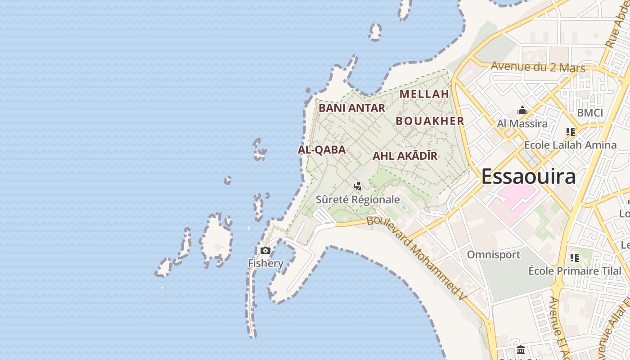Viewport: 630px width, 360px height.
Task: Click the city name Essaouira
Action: (528, 176)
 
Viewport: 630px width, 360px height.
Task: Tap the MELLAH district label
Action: (424, 94)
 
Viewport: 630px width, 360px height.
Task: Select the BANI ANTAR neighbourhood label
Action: (352, 108)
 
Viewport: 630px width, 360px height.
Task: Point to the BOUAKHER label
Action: (430, 121)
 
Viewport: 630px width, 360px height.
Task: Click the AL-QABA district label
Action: (322, 150)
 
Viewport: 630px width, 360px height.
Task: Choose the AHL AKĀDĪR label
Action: (405, 156)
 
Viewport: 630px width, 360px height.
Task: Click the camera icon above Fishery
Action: (265, 250)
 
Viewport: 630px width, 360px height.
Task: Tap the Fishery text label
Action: (265, 263)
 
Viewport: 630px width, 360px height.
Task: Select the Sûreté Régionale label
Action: (358, 199)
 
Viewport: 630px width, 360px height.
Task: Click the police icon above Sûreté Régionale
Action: (358, 186)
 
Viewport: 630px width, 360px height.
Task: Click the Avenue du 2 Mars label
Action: (538, 67)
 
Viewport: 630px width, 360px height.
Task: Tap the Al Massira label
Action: (522, 123)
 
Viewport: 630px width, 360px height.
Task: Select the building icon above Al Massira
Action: (522, 110)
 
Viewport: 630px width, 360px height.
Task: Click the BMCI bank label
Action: (589, 113)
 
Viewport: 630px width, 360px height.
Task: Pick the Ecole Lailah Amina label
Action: (570, 145)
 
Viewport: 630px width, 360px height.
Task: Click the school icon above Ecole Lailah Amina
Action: (571, 132)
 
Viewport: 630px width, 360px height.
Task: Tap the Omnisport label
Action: (493, 255)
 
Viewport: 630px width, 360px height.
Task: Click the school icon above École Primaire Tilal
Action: (574, 258)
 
